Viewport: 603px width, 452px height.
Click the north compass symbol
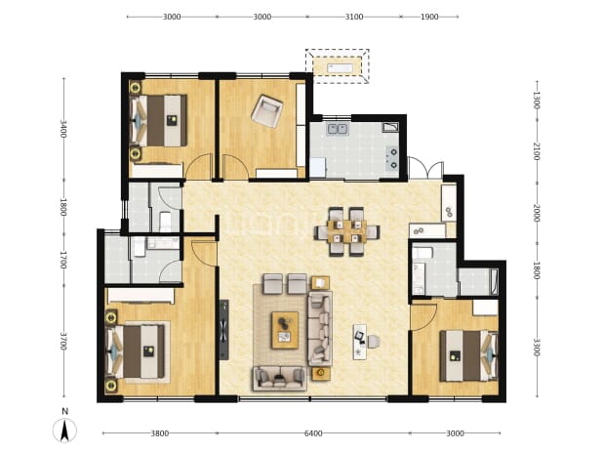pyautogui.click(x=64, y=430)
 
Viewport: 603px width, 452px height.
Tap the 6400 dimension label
pyautogui.click(x=313, y=433)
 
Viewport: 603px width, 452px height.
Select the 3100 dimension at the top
pyautogui.click(x=354, y=17)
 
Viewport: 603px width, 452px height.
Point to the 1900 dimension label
pyautogui.click(x=429, y=17)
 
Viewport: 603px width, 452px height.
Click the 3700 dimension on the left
pyautogui.click(x=63, y=342)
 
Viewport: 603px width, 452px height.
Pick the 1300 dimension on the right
pyautogui.click(x=537, y=100)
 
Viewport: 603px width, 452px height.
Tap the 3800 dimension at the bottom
pyautogui.click(x=160, y=433)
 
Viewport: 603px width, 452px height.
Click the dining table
pyautogui.click(x=347, y=231)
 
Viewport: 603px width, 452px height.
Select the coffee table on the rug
pyautogui.click(x=285, y=330)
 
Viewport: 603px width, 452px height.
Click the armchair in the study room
pyautogui.click(x=266, y=111)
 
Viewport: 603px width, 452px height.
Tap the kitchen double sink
pyautogui.click(x=338, y=129)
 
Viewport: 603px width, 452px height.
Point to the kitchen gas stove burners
pyautogui.click(x=393, y=158)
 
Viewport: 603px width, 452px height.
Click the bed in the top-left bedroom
pyautogui.click(x=159, y=120)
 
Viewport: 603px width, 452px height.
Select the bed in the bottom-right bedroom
pyautogui.click(x=468, y=355)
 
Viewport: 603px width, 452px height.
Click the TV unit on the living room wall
pyautogui.click(x=223, y=330)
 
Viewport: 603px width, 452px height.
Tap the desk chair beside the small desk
pyautogui.click(x=374, y=342)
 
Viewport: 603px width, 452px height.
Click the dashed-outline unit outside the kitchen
pyautogui.click(x=338, y=66)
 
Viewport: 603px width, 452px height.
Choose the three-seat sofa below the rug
pyautogui.click(x=279, y=379)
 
